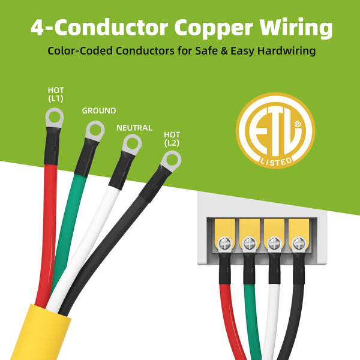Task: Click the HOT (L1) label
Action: tap(56, 94)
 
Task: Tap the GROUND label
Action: tap(99, 110)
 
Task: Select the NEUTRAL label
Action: tap(134, 128)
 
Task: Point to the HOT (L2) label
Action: tap(172, 139)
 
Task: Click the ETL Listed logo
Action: tap(275, 130)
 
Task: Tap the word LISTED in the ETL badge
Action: tap(276, 162)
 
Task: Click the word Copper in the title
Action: tap(214, 28)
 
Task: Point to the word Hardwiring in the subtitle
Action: tap(286, 51)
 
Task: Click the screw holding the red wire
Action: tap(225, 244)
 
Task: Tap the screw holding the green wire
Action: tap(250, 244)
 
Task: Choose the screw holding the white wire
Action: tap(274, 244)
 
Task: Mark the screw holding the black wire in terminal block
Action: tap(299, 244)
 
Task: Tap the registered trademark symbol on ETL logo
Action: tap(298, 124)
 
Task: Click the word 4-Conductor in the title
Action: tap(100, 27)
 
